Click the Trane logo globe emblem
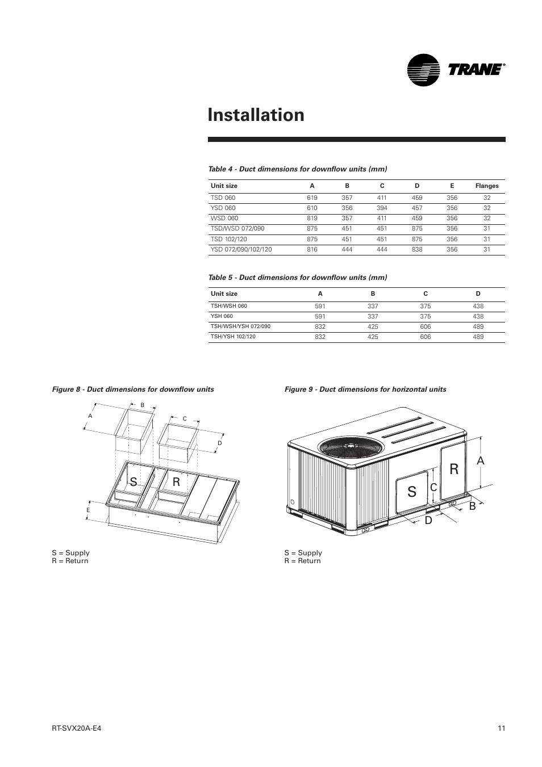424,70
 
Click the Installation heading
256,115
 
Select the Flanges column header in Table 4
486,186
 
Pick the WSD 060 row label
224,218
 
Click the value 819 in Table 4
312,218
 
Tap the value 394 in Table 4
382,208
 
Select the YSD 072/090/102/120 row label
241,249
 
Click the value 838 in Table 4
417,249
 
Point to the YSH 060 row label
222,316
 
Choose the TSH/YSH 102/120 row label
233,337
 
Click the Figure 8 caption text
133,389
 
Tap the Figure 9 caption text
365,389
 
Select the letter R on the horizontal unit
454,469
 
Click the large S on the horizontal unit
412,492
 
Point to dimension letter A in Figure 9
481,461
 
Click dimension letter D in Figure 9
429,520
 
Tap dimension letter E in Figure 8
88,510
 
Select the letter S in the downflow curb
134,482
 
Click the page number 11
501,729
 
